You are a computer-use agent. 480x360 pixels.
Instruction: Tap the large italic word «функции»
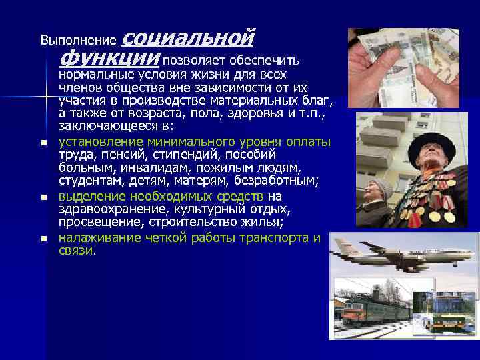(x=109, y=58)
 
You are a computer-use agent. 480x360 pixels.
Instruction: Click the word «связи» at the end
(x=76, y=251)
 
